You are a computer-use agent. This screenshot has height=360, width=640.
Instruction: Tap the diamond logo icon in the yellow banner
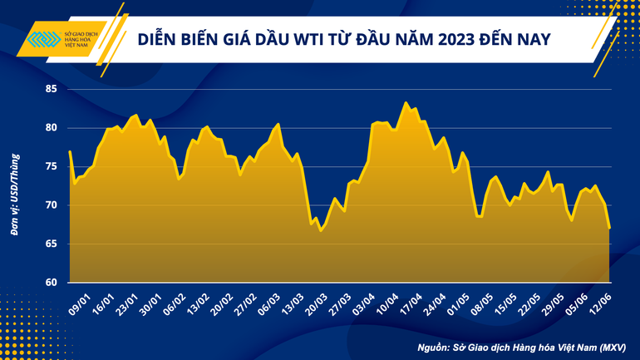43,40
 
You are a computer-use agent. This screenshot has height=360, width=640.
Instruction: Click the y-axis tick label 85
51,89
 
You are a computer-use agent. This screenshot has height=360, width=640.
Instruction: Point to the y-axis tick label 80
51,128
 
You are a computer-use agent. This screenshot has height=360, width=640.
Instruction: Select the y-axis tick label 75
51,166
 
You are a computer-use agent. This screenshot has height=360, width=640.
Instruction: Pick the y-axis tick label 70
51,205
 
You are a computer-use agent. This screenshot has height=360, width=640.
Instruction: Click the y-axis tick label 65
51,244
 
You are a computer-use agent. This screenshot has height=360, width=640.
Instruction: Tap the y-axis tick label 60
51,283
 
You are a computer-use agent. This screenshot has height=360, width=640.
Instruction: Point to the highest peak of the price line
406,103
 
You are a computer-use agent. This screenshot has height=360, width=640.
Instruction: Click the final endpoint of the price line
610,228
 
